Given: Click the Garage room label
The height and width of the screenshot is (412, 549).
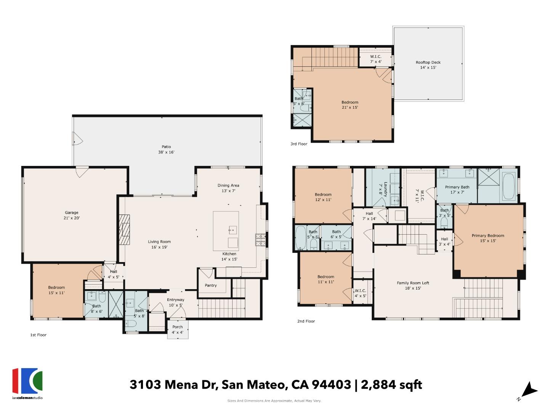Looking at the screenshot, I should click(x=72, y=216).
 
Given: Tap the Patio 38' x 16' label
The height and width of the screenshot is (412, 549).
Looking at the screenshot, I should click(x=166, y=149).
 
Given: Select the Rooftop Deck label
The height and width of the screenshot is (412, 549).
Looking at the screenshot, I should click(x=428, y=65).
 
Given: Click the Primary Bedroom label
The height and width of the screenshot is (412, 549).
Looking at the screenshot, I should click(x=488, y=238).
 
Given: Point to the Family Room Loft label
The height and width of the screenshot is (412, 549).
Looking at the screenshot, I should click(x=413, y=285).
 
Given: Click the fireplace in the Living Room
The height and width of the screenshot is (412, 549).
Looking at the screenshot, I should click(x=124, y=230).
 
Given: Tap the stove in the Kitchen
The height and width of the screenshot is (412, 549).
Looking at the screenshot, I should click(x=260, y=240).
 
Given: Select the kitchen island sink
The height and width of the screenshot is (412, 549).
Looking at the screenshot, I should click(x=232, y=230).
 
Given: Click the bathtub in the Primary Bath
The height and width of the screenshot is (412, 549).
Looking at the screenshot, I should click(x=509, y=187).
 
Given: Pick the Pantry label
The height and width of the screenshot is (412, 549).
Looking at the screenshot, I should click(x=210, y=285).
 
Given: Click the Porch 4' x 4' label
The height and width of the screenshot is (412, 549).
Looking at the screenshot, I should click(x=177, y=330).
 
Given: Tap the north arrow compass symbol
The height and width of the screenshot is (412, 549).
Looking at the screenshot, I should click(x=528, y=391).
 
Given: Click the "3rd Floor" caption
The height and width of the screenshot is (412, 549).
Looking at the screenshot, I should click(x=299, y=144).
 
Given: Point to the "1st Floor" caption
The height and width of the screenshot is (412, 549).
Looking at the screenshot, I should click(x=38, y=335).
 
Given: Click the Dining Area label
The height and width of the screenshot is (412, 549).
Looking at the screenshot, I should click(x=228, y=188).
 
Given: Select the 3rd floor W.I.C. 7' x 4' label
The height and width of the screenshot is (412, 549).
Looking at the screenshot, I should click(x=376, y=59).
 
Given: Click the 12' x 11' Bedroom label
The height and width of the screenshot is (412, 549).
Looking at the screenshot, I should click(x=323, y=197).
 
